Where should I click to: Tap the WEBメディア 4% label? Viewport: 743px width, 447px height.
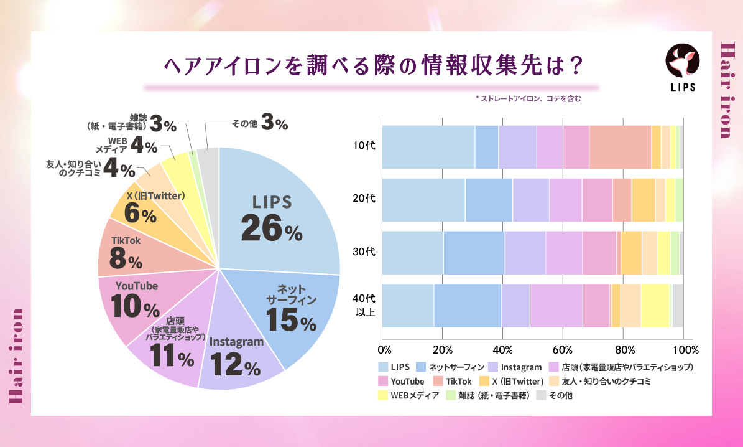pos(127,146)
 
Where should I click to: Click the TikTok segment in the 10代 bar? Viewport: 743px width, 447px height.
pos(620,147)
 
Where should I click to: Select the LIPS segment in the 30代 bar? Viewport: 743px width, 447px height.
pos(412,253)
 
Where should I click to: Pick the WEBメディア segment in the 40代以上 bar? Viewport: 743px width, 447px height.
pos(655,306)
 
